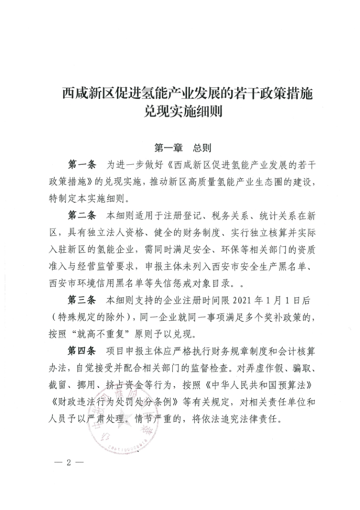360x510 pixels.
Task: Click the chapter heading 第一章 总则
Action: click(x=180, y=148)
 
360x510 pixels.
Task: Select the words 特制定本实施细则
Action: click(x=95, y=197)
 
